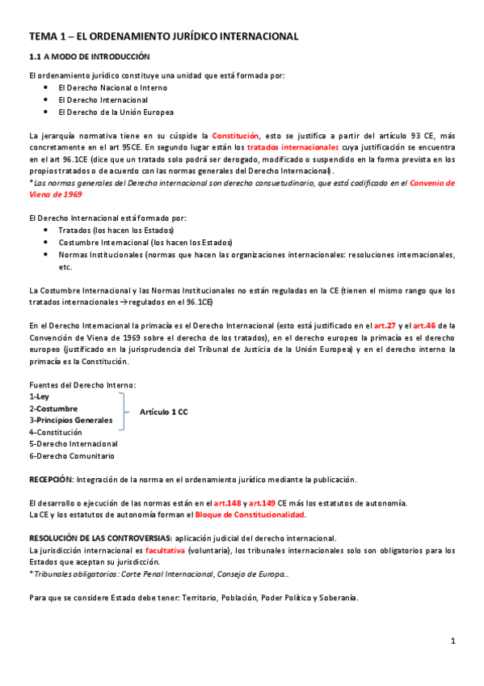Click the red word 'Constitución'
click(235, 136)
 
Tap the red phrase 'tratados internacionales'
click(293, 148)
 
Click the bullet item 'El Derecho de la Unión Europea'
click(116, 112)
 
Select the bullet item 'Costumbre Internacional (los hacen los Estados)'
click(145, 243)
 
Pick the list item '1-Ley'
click(40, 396)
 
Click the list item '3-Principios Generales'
click(71, 420)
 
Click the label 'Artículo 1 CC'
click(163, 413)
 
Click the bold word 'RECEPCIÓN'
click(51, 479)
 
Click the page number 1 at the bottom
click(453, 641)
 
